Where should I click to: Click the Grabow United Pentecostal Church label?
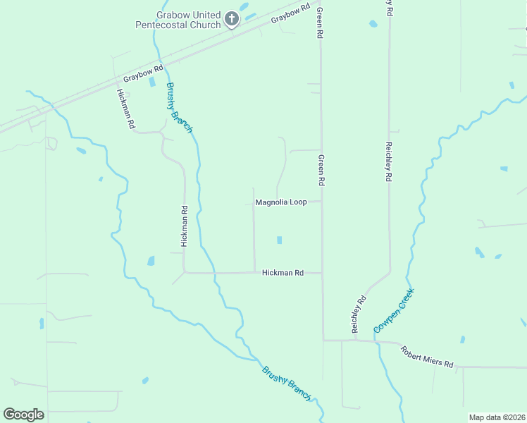point(178,20)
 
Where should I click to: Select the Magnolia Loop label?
point(280,202)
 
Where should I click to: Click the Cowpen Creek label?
point(394,311)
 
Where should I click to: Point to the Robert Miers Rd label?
point(428,356)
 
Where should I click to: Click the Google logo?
point(23,415)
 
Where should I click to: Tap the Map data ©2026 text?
point(497,417)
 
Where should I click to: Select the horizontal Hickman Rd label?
point(283,272)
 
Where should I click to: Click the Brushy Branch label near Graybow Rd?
point(179,107)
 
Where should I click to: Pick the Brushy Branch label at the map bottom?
point(286,384)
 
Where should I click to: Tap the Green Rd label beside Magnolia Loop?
point(321,171)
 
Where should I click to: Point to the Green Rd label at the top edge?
point(320,23)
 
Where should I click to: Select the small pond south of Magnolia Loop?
point(280,240)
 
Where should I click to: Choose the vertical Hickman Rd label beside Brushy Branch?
point(184,226)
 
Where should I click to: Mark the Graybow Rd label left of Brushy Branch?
point(143,73)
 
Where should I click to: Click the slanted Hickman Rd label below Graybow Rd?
point(126,108)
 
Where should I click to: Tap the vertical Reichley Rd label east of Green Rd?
point(388,162)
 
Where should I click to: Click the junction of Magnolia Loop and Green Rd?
point(322,202)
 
